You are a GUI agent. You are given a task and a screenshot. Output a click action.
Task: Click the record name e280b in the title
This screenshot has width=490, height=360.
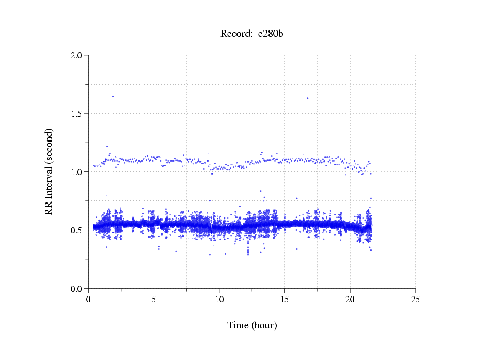(271, 34)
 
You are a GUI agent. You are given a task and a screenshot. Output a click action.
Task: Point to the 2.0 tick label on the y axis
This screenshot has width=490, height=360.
(76, 55)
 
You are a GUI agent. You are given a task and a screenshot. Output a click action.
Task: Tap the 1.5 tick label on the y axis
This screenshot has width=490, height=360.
(76, 114)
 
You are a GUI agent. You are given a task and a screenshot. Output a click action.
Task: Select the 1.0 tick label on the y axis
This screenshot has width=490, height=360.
(76, 172)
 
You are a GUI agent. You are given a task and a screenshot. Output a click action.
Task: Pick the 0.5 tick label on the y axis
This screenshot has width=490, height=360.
(76, 230)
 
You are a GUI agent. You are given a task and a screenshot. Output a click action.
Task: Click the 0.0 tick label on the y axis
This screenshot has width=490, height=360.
(76, 289)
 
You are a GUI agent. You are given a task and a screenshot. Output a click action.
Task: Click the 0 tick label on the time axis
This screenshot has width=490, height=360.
(89, 299)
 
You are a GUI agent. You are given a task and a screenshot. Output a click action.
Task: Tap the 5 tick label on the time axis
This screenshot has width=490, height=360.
(154, 299)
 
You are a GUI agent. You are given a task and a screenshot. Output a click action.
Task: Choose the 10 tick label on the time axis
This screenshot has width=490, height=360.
(219, 299)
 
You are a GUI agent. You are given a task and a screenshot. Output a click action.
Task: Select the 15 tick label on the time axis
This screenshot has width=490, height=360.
(285, 299)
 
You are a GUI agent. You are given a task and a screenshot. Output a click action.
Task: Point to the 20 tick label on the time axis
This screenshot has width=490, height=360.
(350, 299)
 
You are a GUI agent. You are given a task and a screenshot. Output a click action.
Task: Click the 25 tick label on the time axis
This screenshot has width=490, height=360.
(416, 299)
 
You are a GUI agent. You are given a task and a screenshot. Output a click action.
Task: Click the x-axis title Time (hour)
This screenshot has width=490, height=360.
(252, 325)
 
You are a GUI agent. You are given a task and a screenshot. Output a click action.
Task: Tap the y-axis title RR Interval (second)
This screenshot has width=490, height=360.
(49, 171)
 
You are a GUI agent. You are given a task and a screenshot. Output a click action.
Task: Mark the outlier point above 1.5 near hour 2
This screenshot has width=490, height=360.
(113, 96)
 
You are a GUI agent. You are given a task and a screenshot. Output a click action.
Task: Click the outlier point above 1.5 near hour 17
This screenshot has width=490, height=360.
(308, 98)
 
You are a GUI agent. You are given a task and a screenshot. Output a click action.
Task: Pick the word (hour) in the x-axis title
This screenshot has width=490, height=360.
(263, 325)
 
